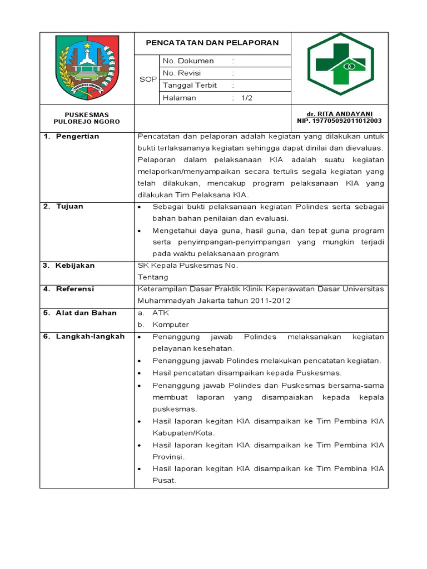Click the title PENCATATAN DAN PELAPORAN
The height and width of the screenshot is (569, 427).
click(212, 43)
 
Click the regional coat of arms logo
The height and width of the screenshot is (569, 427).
click(87, 67)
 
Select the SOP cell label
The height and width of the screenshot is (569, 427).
click(147, 79)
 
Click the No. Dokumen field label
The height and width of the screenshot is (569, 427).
click(188, 61)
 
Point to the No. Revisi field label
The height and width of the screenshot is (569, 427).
click(182, 73)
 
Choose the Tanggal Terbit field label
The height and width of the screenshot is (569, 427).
click(190, 86)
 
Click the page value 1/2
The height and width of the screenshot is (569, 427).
click(246, 98)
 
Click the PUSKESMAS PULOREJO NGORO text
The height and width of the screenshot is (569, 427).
click(86, 118)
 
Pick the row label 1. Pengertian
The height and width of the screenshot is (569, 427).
click(72, 137)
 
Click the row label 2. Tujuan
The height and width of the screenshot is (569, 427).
click(64, 207)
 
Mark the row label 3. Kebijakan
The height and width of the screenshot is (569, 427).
click(69, 266)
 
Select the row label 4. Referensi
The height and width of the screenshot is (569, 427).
click(69, 289)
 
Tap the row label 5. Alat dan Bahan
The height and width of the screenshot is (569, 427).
click(80, 313)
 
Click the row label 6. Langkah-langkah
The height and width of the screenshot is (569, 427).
click(84, 337)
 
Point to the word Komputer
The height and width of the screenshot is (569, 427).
click(171, 325)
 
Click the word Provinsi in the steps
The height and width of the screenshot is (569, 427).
click(168, 456)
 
